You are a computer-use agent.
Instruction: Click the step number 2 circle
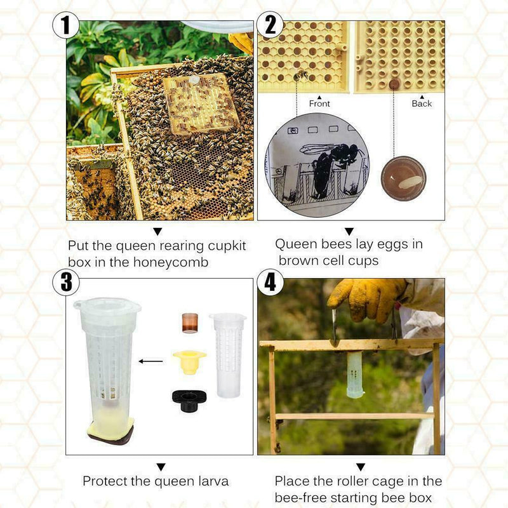point(270,26)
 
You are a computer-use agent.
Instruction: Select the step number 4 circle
point(271,282)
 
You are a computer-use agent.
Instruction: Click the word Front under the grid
point(319,104)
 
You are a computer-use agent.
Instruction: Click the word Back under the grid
point(421,104)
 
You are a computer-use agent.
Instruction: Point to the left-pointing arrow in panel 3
point(150,361)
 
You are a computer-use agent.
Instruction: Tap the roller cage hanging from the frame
point(355,375)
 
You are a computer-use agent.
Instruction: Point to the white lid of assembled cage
point(107,305)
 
